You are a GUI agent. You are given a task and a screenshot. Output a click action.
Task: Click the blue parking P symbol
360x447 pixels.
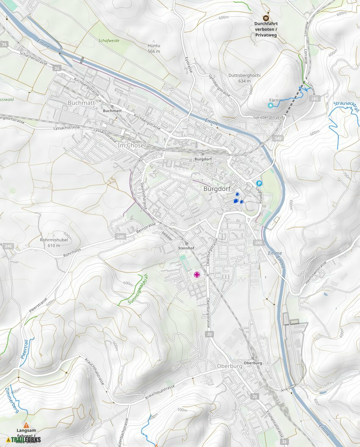(259, 183)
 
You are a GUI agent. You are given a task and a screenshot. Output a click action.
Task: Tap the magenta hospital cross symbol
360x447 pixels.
(197, 275)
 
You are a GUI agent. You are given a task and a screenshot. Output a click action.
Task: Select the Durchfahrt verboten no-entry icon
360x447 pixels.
(266, 18)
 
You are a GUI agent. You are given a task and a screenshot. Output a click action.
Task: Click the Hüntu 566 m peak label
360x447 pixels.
(154, 48)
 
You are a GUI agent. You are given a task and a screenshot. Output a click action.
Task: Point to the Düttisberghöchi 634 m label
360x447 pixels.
(245, 78)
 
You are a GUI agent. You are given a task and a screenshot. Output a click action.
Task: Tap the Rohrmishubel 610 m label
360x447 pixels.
(54, 243)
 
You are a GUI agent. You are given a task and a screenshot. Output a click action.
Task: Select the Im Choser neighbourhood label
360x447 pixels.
(132, 145)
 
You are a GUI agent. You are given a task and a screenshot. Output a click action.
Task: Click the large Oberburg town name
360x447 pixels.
(229, 366)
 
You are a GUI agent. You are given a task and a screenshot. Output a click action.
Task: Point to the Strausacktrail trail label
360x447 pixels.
(346, 104)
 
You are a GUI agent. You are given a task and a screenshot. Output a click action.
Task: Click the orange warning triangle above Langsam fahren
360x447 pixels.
(26, 425)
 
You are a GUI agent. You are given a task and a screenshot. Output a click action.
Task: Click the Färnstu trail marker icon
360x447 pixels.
(271, 105)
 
